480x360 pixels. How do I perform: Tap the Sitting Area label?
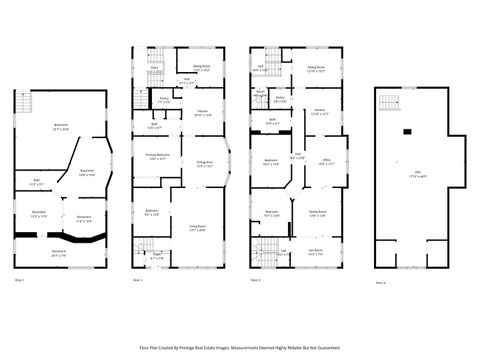pos(205,163)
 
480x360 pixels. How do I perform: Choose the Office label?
pos(326,162)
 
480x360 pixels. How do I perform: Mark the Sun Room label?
pos(316,252)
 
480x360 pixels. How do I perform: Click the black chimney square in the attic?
pos(407,132)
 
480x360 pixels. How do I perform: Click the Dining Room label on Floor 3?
pos(317,70)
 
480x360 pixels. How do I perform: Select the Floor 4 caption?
pos(380,283)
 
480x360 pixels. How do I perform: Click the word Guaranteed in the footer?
pos(328,348)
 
